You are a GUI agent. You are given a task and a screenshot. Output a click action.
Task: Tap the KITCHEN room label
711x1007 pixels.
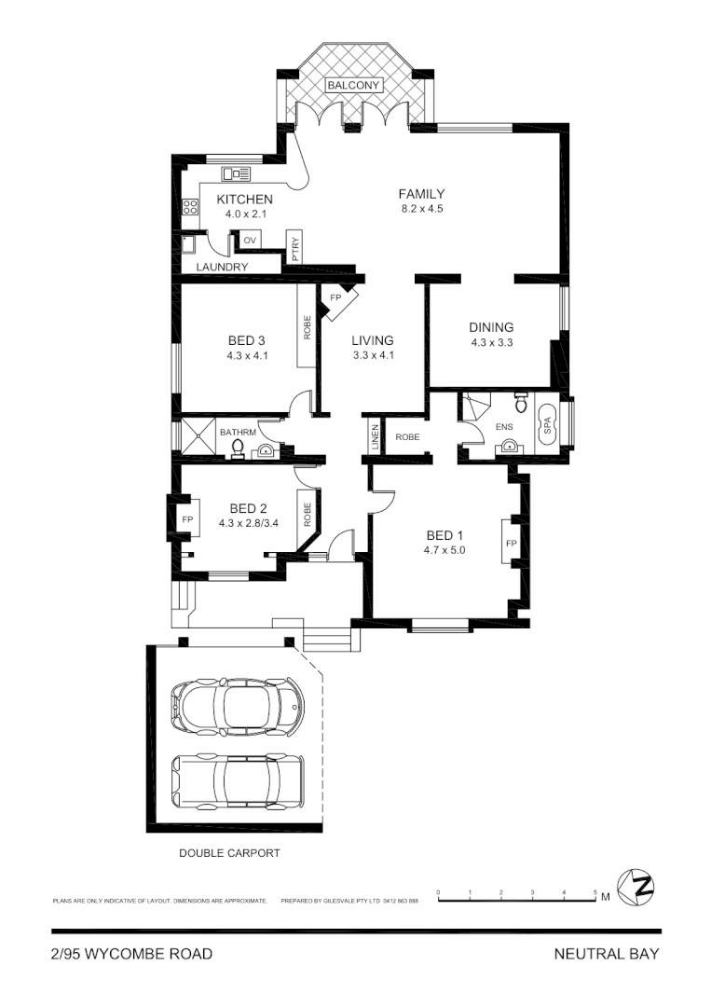click(x=244, y=200)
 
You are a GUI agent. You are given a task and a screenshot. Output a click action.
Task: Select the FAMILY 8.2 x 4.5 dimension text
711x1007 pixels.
click(x=421, y=209)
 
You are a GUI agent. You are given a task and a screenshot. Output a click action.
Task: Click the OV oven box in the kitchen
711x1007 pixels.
click(x=249, y=241)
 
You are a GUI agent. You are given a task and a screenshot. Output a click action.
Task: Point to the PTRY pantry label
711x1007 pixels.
click(x=294, y=246)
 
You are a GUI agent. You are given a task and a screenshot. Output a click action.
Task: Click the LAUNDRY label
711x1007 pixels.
click(x=222, y=268)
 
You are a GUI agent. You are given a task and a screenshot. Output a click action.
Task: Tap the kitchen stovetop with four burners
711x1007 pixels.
click(x=190, y=208)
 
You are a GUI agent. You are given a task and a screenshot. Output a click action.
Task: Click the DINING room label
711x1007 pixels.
click(x=491, y=327)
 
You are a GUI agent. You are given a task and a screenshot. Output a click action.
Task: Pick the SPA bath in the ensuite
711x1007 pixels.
click(x=547, y=427)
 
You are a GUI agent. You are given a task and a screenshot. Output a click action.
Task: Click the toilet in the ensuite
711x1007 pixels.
click(x=521, y=404)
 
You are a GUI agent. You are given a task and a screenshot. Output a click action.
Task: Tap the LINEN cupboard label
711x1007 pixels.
click(x=375, y=437)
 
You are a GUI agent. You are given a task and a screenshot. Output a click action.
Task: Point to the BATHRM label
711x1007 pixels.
click(x=237, y=433)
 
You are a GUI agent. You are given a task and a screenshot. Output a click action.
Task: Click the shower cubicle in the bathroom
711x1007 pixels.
click(x=198, y=436)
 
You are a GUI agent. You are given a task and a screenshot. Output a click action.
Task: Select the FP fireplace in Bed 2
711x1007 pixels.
click(x=185, y=519)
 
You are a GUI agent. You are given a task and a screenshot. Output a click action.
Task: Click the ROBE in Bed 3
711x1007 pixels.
click(x=307, y=325)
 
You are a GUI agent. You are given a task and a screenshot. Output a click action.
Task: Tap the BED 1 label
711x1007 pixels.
click(x=444, y=535)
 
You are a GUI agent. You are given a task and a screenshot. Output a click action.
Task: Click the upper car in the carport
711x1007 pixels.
click(x=238, y=704)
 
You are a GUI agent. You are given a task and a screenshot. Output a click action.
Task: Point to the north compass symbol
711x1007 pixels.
click(x=640, y=886)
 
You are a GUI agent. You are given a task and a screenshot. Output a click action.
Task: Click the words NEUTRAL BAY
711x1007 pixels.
click(x=606, y=954)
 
